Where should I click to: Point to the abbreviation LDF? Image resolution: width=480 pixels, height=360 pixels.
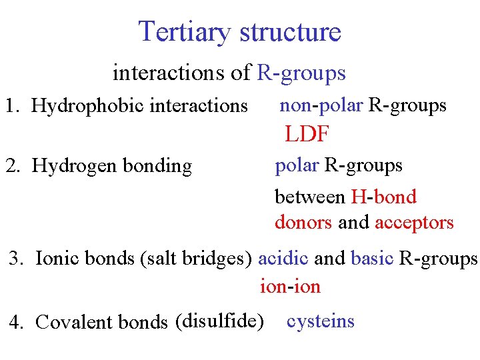point(307,135)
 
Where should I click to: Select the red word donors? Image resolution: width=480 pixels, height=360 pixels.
point(303,222)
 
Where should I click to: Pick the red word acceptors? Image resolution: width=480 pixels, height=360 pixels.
point(414,222)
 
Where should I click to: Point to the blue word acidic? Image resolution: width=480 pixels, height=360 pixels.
point(283,258)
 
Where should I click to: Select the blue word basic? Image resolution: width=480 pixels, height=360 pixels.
point(372,258)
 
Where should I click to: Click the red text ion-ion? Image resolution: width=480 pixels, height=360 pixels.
point(290,287)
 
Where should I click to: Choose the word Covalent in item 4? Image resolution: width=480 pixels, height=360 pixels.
point(74,322)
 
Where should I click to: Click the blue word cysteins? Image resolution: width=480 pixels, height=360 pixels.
point(320,321)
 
